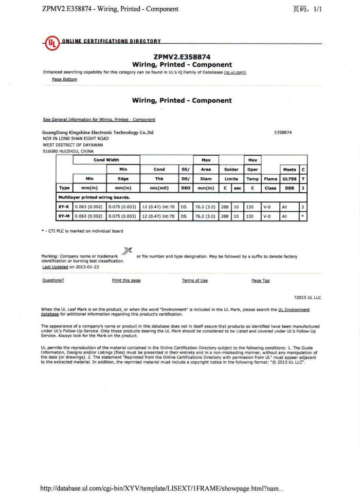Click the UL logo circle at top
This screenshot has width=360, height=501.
click(51, 43)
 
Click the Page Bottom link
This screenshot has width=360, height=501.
click(64, 80)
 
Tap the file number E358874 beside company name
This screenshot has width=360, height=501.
click(283, 133)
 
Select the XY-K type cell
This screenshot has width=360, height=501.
click(64, 207)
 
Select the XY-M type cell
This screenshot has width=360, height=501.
click(64, 216)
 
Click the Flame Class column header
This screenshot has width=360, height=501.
click(270, 183)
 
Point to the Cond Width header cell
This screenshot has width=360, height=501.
click(106, 160)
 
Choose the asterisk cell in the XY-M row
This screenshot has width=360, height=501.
click(303, 216)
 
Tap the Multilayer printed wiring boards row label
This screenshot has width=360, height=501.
click(94, 197)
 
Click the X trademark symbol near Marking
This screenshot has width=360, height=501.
click(127, 251)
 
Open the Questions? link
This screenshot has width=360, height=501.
click(53, 281)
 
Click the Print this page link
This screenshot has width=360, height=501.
click(126, 281)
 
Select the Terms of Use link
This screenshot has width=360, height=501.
click(194, 281)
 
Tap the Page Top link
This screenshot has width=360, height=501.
click(260, 281)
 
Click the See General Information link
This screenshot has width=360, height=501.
click(99, 120)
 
